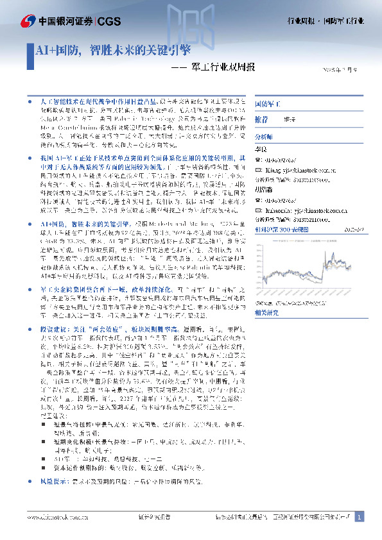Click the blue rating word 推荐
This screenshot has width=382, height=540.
tap(261, 119)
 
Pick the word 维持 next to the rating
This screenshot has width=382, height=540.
tap(290, 120)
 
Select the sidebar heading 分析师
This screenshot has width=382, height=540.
tap(264, 137)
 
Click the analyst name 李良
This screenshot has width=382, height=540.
tap(261, 148)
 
